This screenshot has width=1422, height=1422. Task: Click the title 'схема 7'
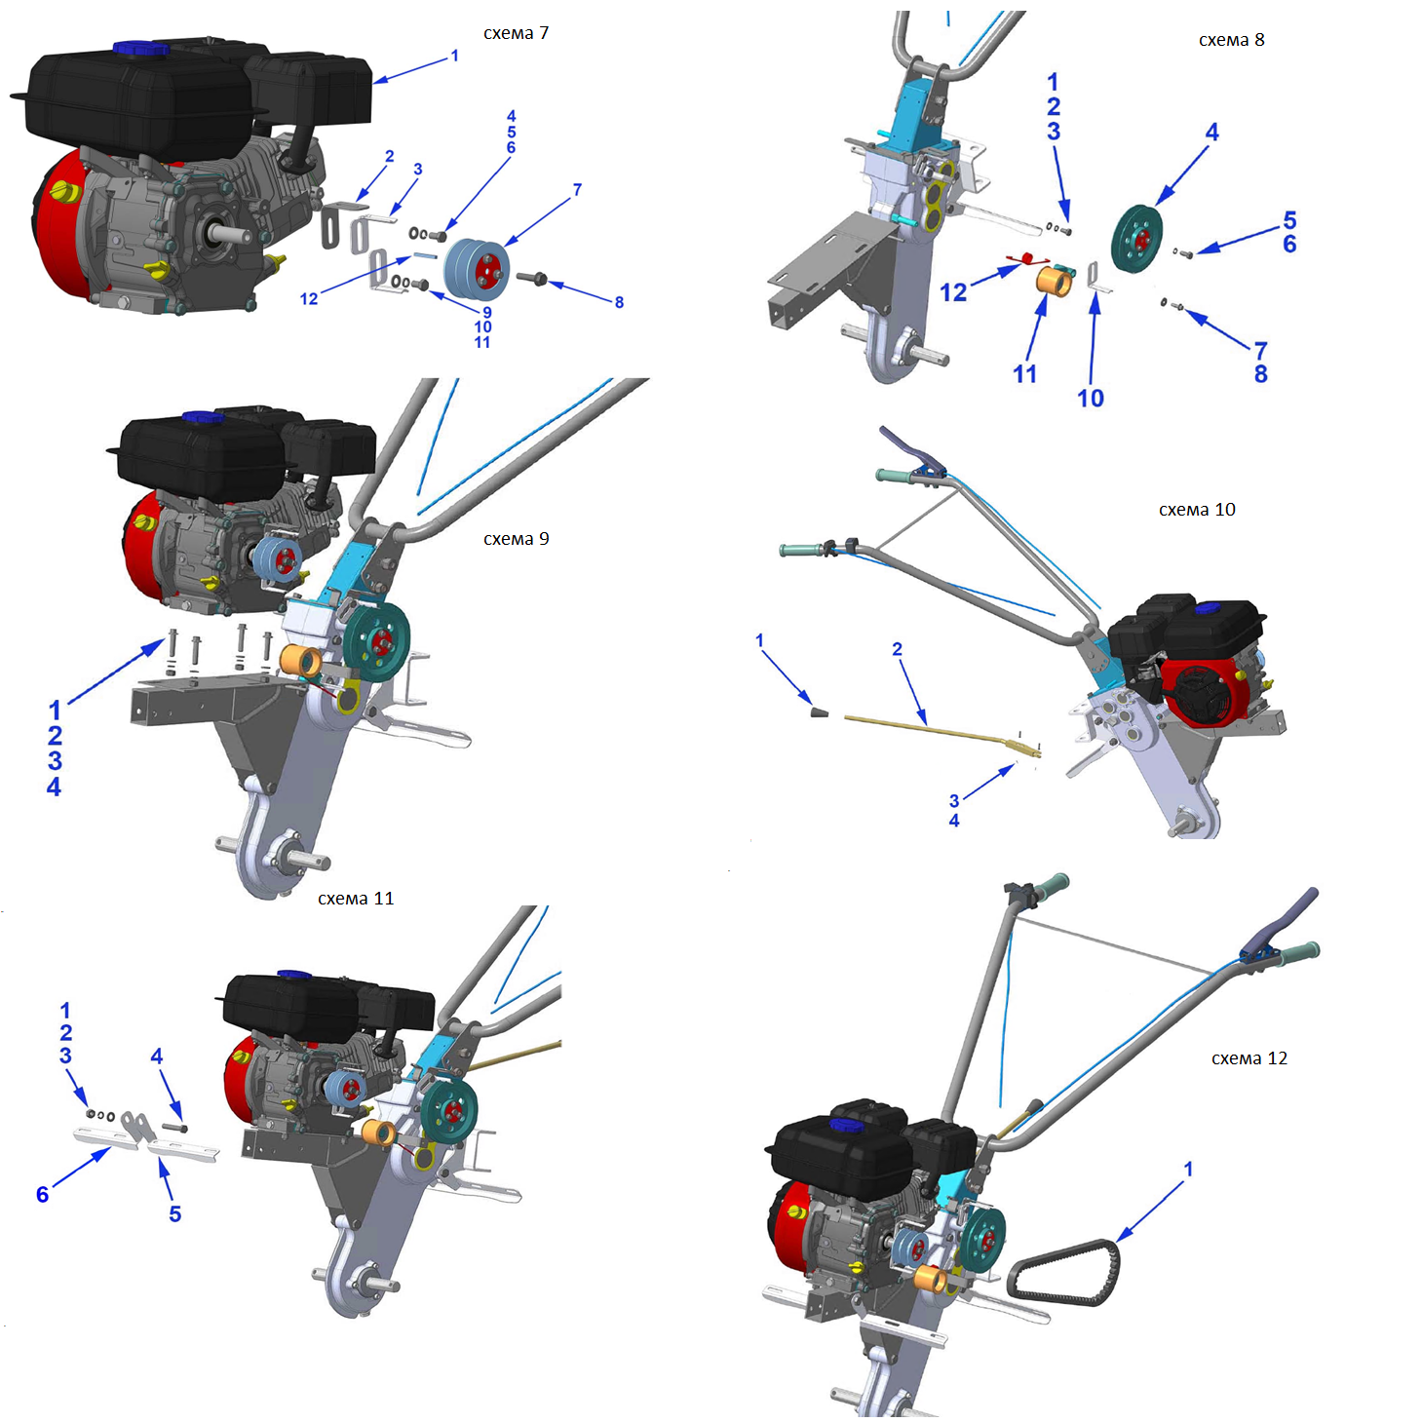516,33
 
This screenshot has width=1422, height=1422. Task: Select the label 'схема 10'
1196,510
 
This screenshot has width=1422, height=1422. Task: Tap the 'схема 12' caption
1249,1058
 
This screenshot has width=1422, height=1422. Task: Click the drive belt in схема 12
1064,1271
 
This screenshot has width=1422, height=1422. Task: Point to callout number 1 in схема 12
1187,1168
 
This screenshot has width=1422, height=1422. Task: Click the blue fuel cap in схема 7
129,48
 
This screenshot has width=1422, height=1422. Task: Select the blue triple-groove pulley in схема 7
478,267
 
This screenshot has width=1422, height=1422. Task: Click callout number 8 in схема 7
619,302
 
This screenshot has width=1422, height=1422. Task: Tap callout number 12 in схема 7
309,298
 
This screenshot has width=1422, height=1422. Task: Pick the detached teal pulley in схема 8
1136,239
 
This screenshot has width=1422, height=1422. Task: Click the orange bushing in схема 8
1054,282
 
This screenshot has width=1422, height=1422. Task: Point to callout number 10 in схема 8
1090,398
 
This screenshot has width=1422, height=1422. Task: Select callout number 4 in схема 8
1211,132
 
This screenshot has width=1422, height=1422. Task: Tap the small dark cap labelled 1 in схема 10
820,712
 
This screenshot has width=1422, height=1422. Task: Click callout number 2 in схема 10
897,649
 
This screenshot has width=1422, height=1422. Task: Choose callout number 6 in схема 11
42,1194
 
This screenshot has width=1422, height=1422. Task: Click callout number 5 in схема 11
174,1213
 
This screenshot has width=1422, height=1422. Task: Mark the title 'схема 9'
516,539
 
